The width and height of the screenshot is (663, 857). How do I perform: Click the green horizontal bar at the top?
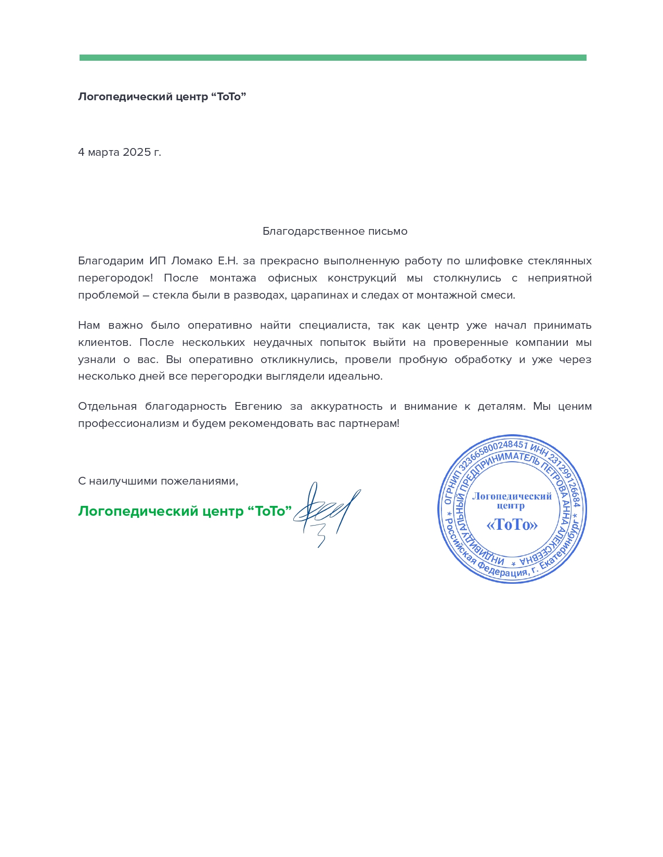333,58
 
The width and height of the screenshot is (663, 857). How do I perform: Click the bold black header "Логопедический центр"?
144,97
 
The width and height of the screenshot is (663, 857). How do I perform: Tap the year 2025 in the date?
136,152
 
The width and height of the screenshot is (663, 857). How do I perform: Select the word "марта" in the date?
104,152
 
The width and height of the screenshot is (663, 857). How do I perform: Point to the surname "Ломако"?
192,261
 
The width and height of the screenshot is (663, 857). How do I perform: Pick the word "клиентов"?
105,343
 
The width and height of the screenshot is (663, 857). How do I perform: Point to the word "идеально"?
355,377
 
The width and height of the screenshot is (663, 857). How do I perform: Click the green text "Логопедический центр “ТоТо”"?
185,511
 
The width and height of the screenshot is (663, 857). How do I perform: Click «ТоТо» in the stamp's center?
512,525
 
